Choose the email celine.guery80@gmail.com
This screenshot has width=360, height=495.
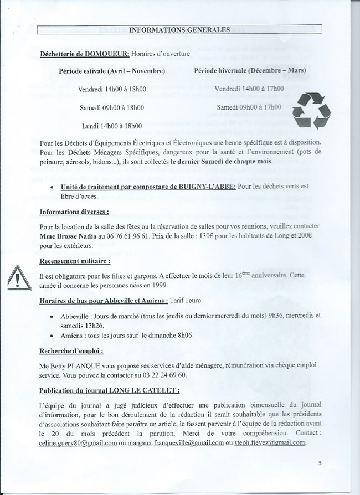tap(78, 442)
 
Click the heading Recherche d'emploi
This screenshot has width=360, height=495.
tap(70, 351)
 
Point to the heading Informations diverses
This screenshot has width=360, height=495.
tap(74, 212)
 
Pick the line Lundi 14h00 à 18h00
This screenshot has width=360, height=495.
tap(111, 126)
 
